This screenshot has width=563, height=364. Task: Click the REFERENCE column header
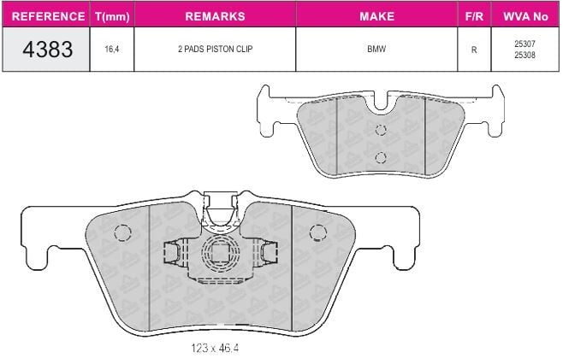[48, 16]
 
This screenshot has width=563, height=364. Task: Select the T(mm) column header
[112, 16]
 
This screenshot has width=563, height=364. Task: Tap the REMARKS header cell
[215, 16]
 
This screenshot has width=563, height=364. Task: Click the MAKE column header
[376, 16]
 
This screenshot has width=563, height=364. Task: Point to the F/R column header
[474, 16]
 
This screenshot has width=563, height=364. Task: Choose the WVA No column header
[525, 16]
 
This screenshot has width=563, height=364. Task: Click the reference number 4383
[47, 49]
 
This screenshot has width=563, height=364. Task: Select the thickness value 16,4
[112, 49]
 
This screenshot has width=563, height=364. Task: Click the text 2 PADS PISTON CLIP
[215, 49]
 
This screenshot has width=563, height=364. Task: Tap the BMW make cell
[376, 49]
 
